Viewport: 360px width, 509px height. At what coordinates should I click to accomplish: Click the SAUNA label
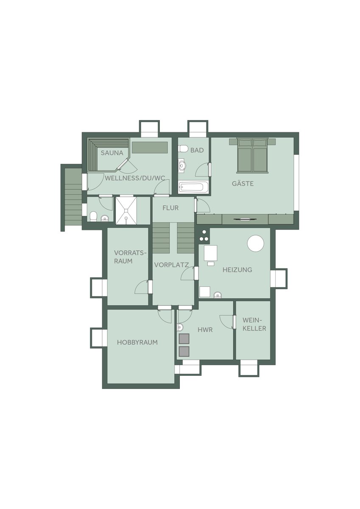(x=112, y=153)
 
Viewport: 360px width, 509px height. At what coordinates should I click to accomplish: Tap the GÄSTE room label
(x=243, y=183)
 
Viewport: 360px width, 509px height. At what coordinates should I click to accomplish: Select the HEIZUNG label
(x=237, y=270)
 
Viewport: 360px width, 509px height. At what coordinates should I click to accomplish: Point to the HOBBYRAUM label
(x=137, y=342)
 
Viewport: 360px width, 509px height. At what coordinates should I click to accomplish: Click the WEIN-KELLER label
(x=254, y=324)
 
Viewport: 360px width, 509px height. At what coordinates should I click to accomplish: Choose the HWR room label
(x=205, y=330)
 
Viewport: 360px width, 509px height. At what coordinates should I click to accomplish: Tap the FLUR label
(x=170, y=208)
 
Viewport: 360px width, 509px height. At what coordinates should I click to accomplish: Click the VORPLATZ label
(x=171, y=265)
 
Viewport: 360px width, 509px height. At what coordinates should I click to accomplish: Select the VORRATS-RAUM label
(x=129, y=257)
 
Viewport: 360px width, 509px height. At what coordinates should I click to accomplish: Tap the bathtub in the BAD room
(x=193, y=187)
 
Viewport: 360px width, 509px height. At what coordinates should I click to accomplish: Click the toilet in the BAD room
(x=183, y=149)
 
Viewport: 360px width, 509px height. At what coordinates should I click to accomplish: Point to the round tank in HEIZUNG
(x=256, y=243)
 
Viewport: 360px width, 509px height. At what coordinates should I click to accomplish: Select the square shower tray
(x=126, y=211)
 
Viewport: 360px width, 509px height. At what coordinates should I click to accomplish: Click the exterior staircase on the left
(x=72, y=197)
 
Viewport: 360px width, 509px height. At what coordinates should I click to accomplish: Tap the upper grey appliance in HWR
(x=184, y=338)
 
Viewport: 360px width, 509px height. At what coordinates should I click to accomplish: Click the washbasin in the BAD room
(x=182, y=165)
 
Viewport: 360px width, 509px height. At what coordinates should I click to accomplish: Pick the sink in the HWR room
(x=180, y=327)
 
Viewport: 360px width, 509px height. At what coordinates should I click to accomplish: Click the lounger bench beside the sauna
(x=150, y=147)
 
